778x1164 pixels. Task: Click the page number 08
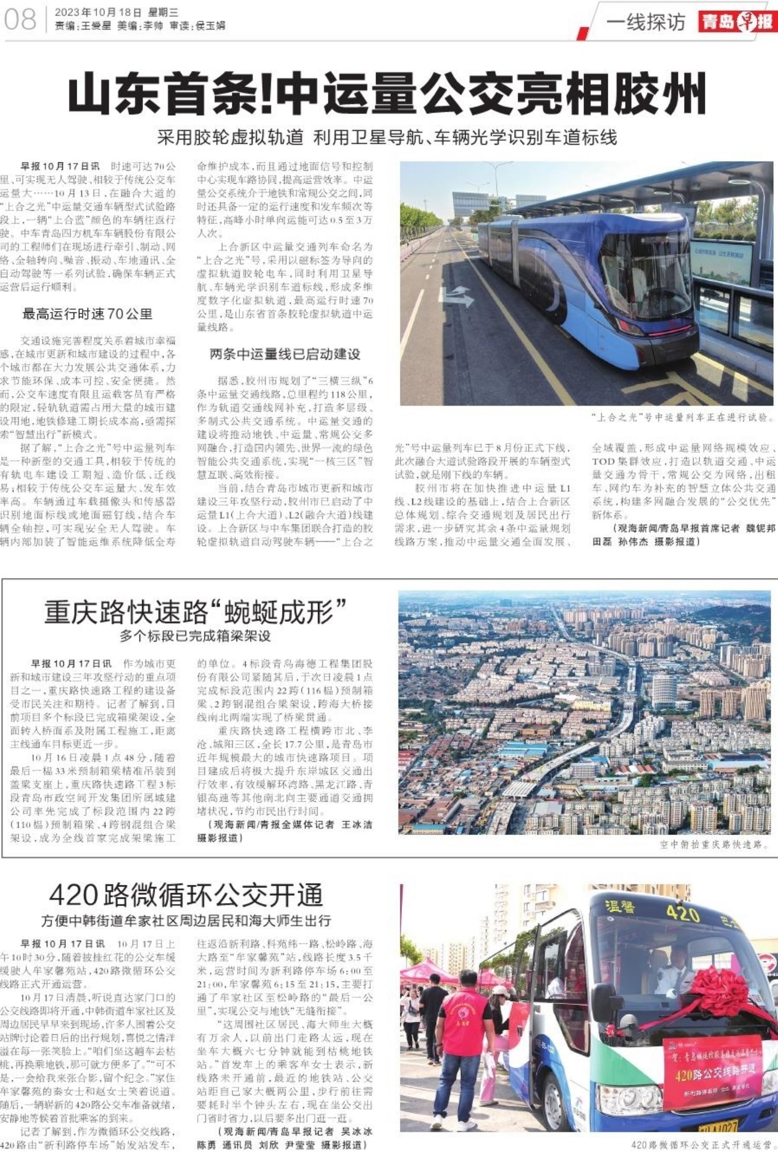click(20, 19)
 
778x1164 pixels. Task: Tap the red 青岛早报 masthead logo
click(736, 22)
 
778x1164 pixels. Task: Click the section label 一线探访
click(646, 22)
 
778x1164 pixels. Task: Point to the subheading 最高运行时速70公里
click(87, 314)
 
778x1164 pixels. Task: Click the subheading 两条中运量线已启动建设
click(285, 354)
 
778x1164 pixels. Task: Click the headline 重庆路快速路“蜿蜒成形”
click(195, 612)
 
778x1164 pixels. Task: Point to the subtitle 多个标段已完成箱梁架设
click(195, 636)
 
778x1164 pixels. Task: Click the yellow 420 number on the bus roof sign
click(684, 913)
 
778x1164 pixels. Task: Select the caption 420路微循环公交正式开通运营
click(701, 1145)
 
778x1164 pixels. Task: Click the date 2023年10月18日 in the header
click(98, 12)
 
